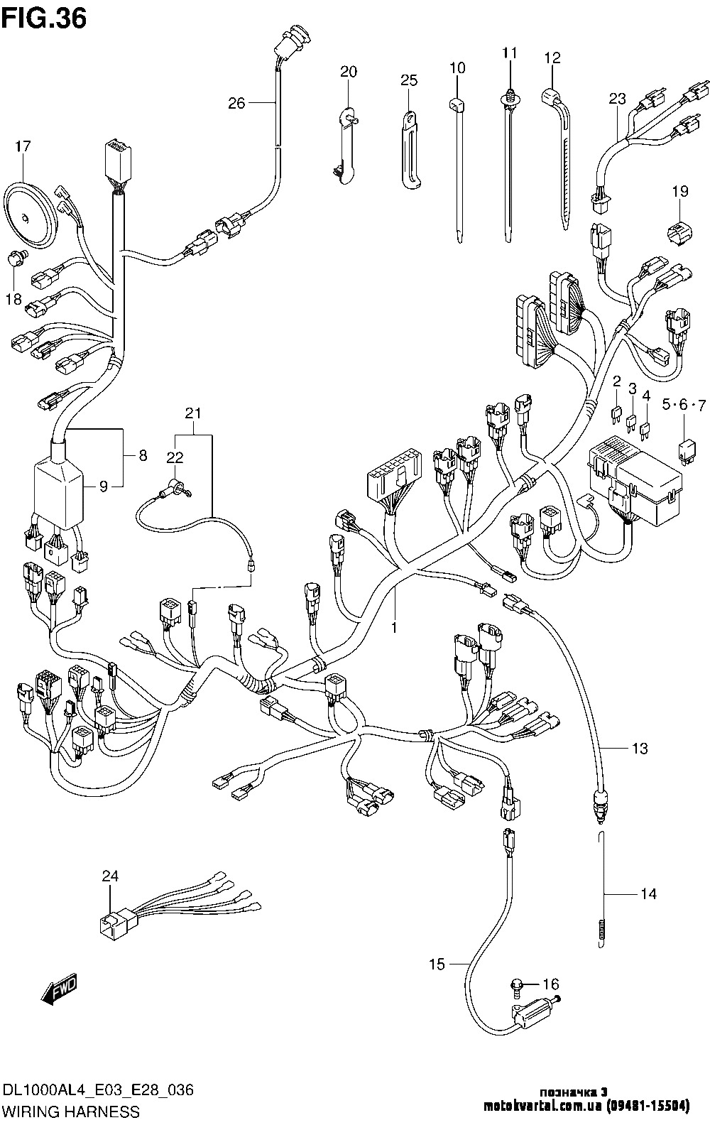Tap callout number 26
236,104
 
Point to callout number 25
409,80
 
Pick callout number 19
680,190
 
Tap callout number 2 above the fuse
617,381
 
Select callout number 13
640,748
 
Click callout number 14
648,894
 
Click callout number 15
437,964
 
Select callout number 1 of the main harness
393,628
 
